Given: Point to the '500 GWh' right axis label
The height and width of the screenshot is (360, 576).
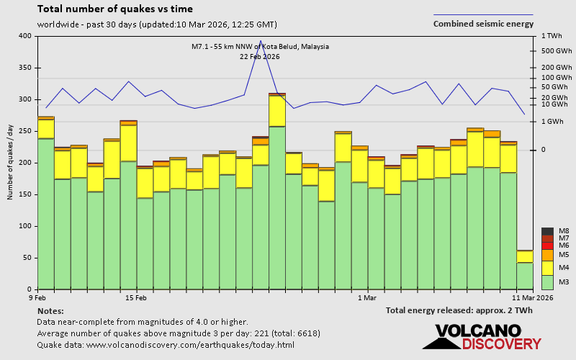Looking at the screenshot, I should (557, 51).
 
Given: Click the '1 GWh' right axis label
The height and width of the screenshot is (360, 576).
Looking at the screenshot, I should (553, 122).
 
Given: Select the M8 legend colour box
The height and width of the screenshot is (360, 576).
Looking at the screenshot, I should (547, 231).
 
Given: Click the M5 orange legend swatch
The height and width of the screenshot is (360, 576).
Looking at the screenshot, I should (547, 256).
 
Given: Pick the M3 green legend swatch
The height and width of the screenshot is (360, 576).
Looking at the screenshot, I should (547, 282).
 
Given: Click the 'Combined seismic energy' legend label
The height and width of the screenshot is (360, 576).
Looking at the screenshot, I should (483, 24).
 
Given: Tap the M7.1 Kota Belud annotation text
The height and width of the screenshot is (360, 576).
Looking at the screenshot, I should (260, 47).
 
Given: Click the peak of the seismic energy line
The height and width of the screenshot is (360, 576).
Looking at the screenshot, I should (261, 41).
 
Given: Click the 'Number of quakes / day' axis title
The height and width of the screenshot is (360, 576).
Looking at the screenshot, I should (10, 162).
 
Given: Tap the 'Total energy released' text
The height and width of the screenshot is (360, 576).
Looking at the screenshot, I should (459, 310).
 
